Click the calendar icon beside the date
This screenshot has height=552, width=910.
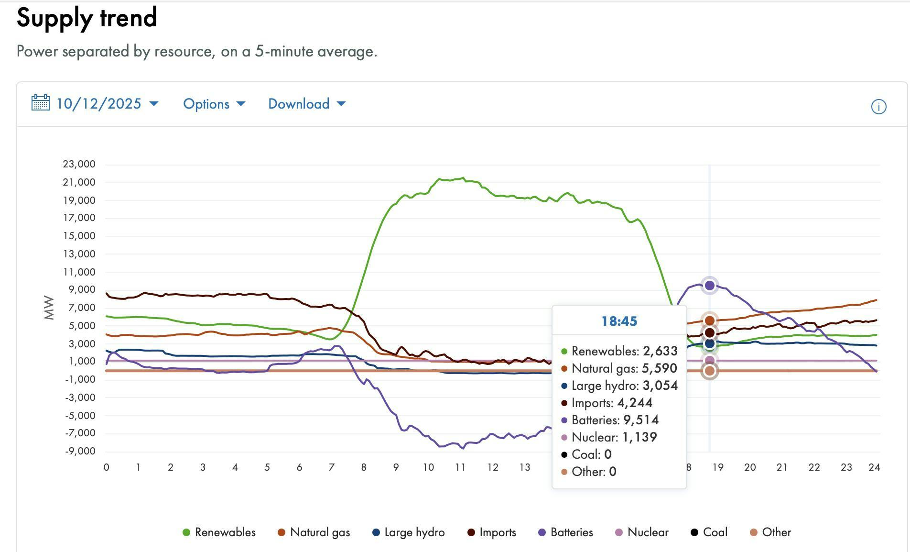click(40, 103)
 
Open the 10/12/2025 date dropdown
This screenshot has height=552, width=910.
click(107, 104)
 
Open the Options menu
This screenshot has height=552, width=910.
click(214, 104)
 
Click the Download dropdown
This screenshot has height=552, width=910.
click(306, 104)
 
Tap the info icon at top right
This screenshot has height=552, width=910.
click(878, 107)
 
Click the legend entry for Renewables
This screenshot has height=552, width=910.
click(219, 532)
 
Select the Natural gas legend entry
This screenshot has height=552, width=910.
click(314, 532)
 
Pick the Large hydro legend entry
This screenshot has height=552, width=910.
click(409, 532)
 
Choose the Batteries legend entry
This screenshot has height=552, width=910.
click(566, 532)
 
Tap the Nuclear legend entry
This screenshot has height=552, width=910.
click(641, 532)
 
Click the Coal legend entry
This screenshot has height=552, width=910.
click(709, 532)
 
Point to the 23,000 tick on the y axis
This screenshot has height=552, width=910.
click(79, 164)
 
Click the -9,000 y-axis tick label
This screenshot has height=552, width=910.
click(80, 451)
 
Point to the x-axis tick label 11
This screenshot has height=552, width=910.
click(460, 467)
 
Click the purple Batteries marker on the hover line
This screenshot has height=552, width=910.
click(710, 286)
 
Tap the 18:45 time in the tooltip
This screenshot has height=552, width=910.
click(619, 321)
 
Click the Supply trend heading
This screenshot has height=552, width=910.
click(87, 18)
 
